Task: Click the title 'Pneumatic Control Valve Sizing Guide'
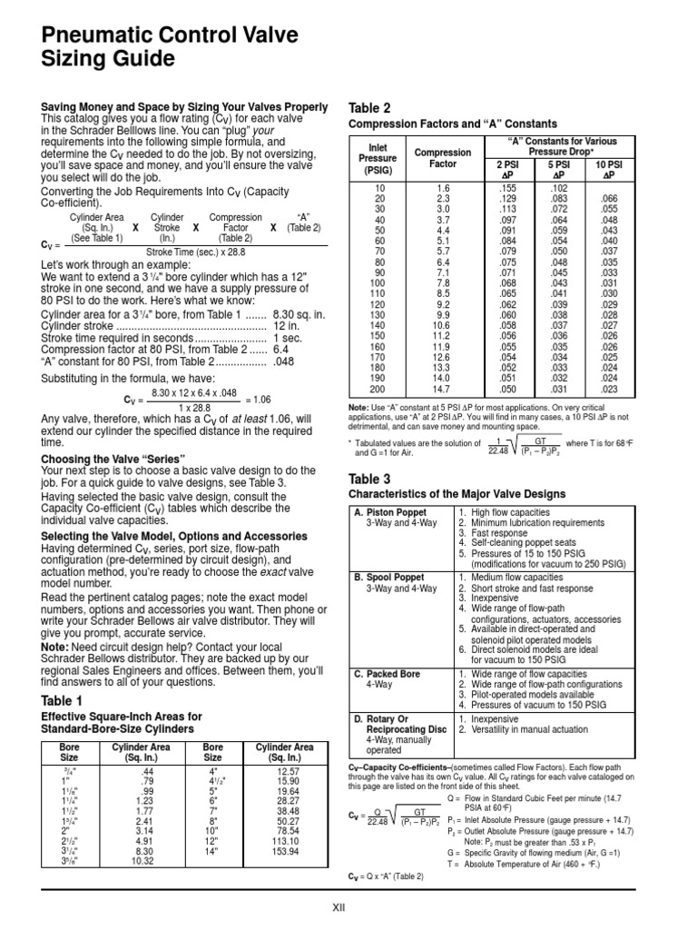coord(170,47)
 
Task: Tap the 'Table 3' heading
coord(369,478)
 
